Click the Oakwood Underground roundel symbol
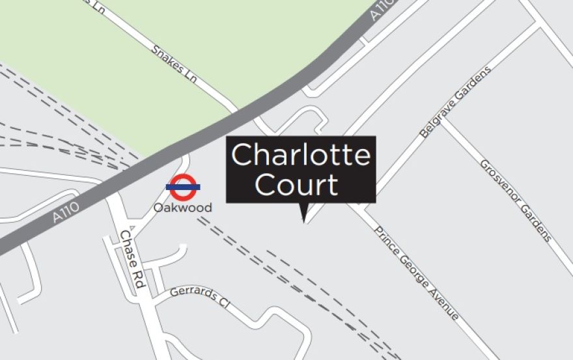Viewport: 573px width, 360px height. click(x=183, y=186)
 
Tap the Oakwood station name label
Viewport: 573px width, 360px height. click(x=183, y=208)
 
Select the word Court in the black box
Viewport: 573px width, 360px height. click(x=297, y=185)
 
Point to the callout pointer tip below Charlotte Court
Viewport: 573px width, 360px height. click(x=303, y=221)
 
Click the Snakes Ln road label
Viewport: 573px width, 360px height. click(x=174, y=63)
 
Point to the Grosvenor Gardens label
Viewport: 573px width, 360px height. click(x=516, y=201)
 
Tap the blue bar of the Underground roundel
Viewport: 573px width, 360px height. click(x=183, y=187)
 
